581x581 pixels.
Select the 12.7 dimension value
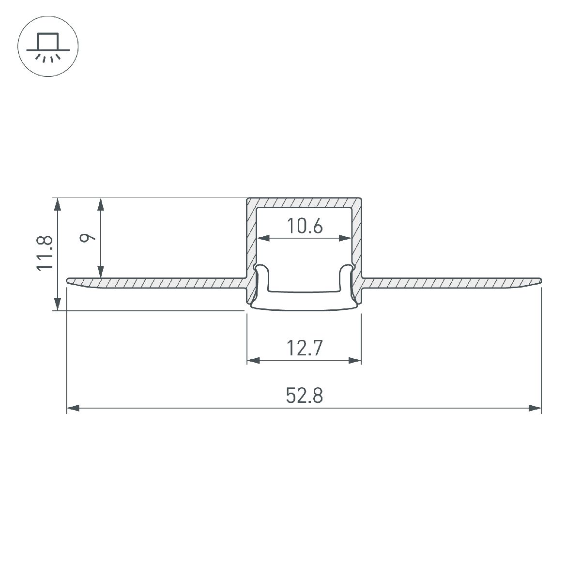[x=304, y=349]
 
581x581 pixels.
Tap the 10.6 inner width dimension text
[x=304, y=226]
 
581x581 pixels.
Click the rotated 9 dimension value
[x=86, y=238]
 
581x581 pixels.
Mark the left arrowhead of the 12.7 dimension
[x=253, y=360]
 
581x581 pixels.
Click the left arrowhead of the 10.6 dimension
[x=263, y=238]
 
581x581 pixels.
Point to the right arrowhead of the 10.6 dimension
[x=345, y=238]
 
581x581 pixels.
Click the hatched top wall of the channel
[x=304, y=202]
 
